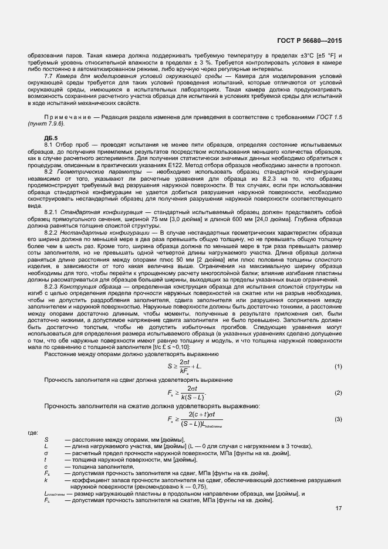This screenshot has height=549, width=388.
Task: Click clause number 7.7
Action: tap(49, 76)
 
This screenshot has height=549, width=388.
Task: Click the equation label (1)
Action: tap(339, 367)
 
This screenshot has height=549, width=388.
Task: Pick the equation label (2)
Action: tap(339, 392)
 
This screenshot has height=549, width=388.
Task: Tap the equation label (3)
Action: tap(339, 419)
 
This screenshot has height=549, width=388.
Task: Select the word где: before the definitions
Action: tap(33, 433)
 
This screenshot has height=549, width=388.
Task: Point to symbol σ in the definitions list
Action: tap(46, 452)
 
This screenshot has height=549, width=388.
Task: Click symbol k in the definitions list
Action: tap(46, 479)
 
